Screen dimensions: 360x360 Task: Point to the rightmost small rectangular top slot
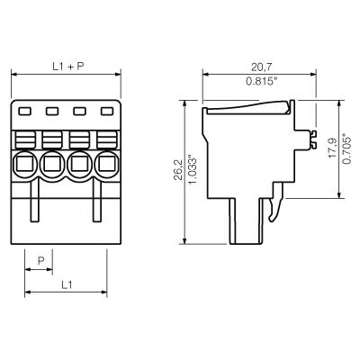(x=107, y=112)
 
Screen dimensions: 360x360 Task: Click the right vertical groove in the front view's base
(x=94, y=206)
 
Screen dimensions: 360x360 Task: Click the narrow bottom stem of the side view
(x=247, y=221)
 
